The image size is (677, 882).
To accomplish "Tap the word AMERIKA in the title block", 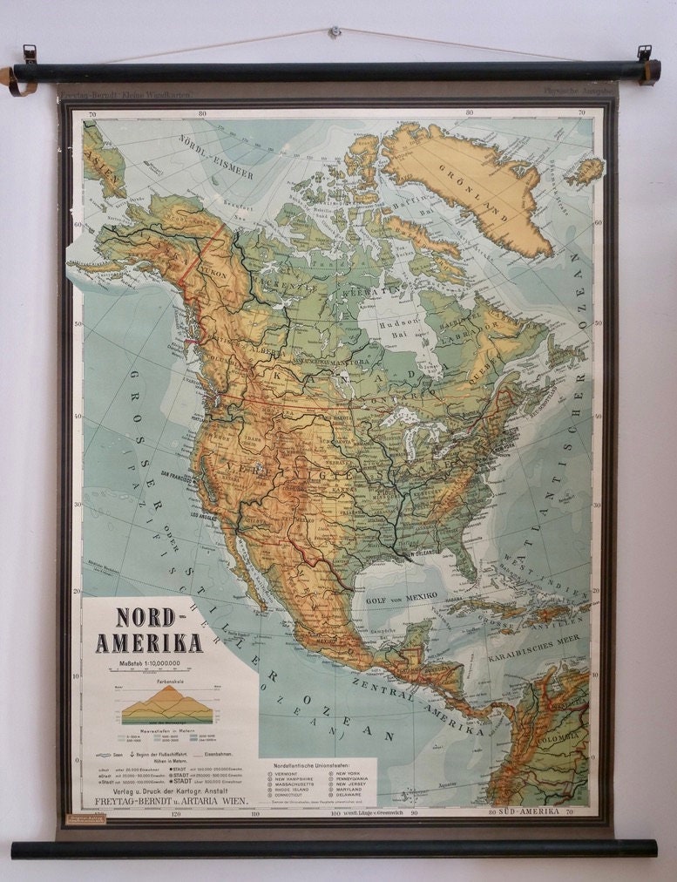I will click(x=149, y=643).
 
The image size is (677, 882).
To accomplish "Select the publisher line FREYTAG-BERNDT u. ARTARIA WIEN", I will click(x=166, y=799).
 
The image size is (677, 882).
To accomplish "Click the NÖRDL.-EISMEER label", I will click(x=215, y=156).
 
